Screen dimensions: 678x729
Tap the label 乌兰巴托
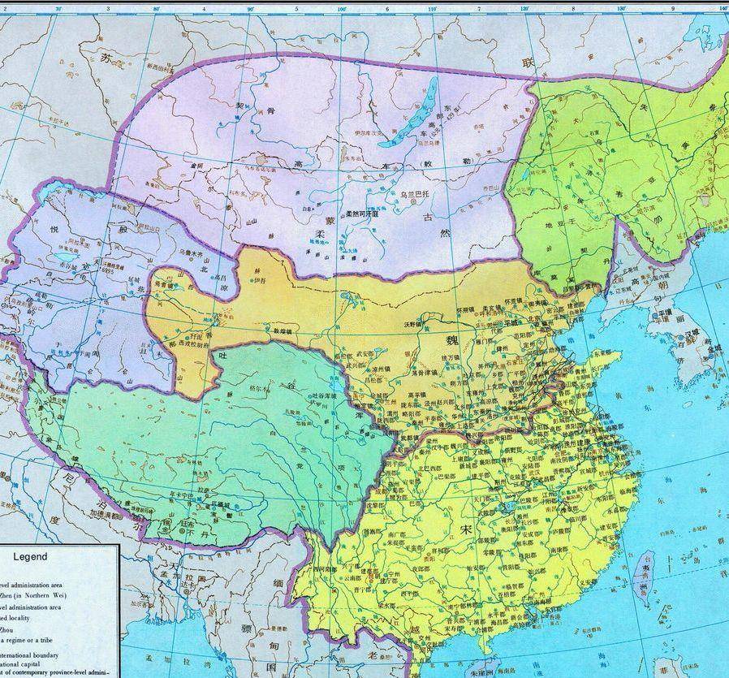tap(418, 196)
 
